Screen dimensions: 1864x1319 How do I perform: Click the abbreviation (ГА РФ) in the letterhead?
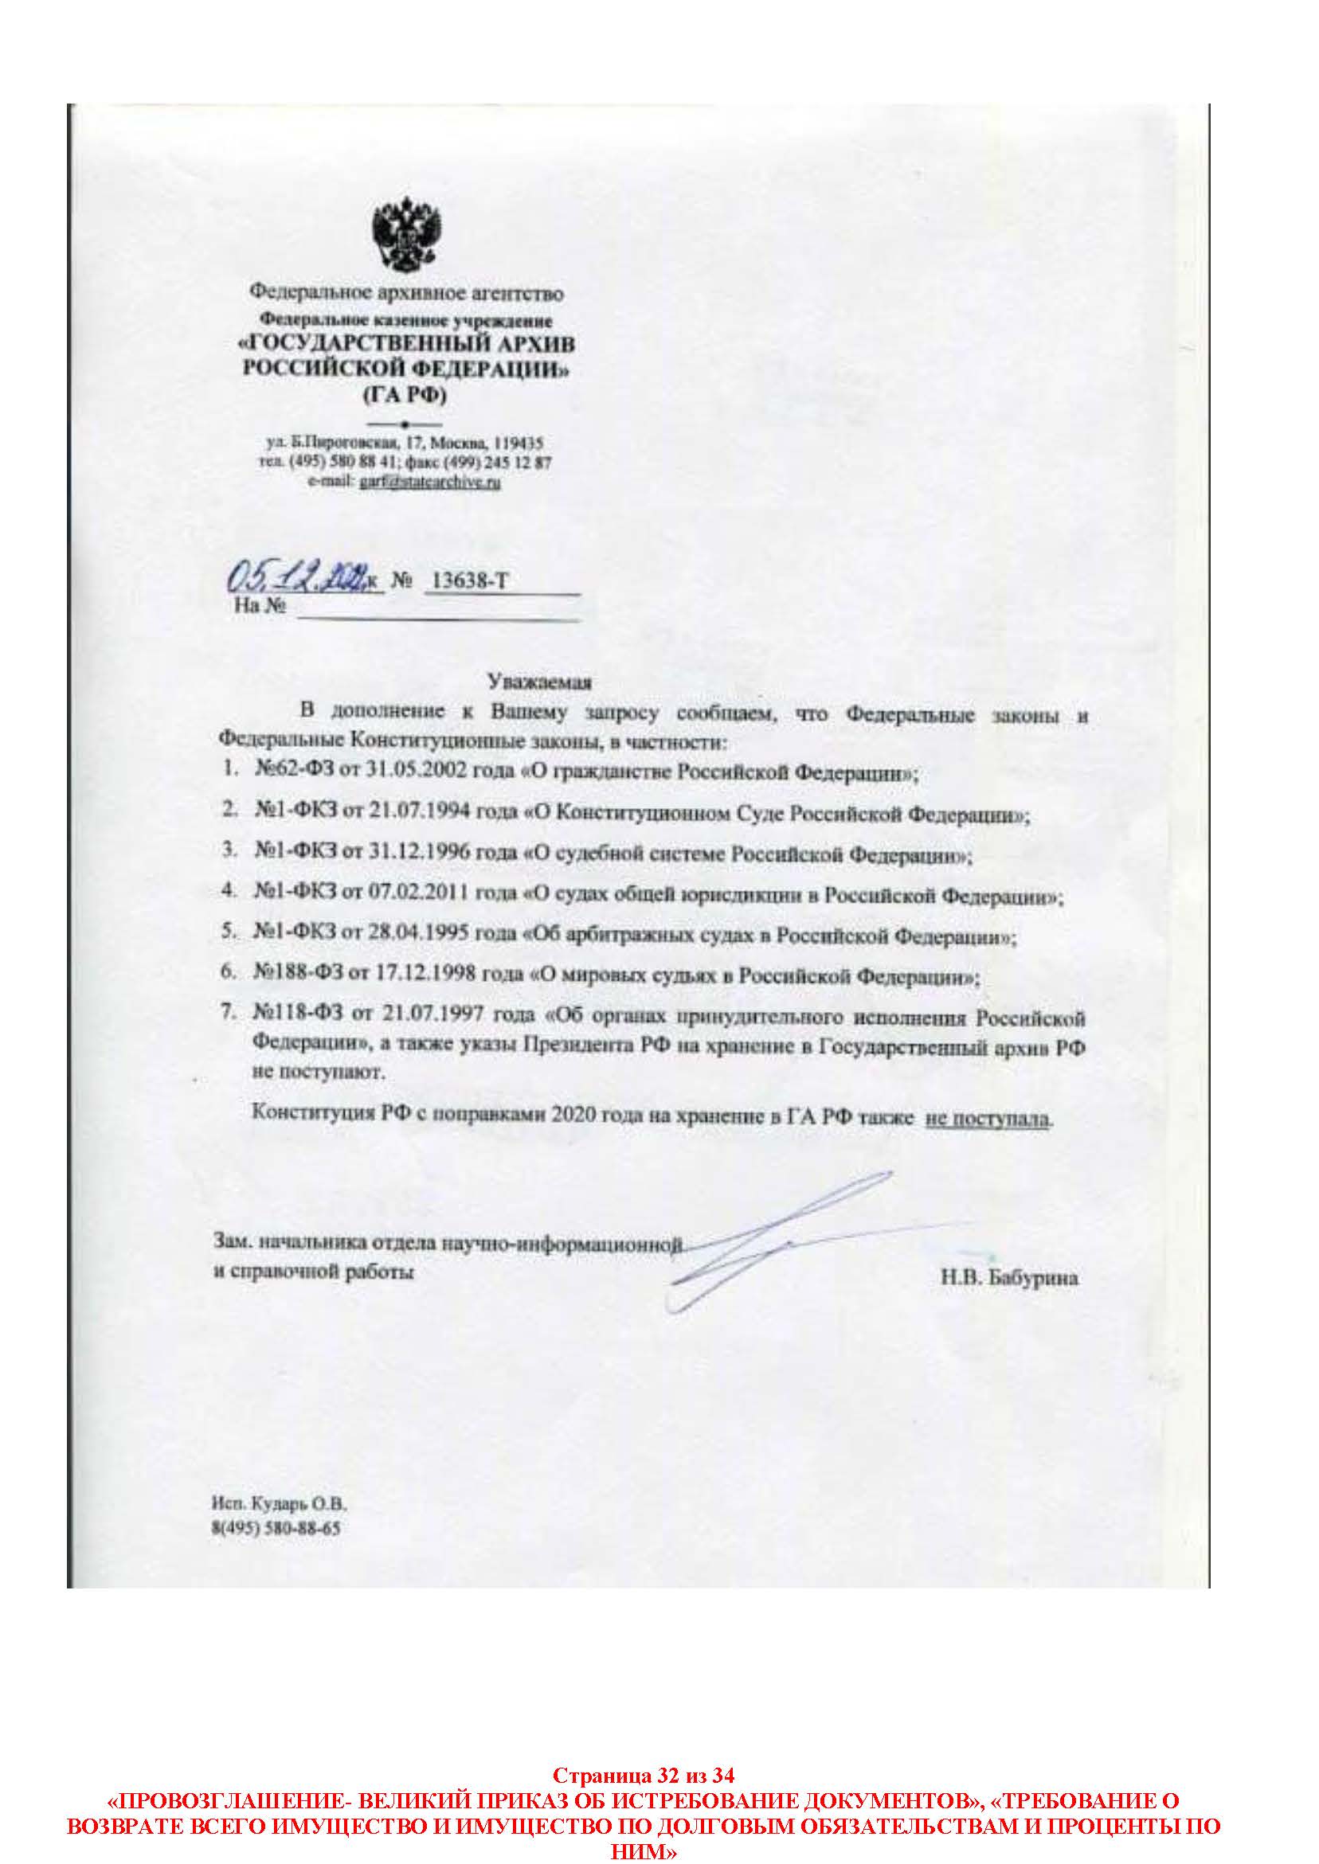tap(404, 396)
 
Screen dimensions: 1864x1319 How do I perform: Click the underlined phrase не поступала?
tap(988, 1120)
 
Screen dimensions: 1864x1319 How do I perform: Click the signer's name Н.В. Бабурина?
tap(1008, 1279)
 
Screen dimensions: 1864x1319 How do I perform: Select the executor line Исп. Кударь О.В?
tap(279, 1504)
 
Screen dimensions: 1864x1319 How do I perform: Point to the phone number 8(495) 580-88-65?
tap(276, 1530)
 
